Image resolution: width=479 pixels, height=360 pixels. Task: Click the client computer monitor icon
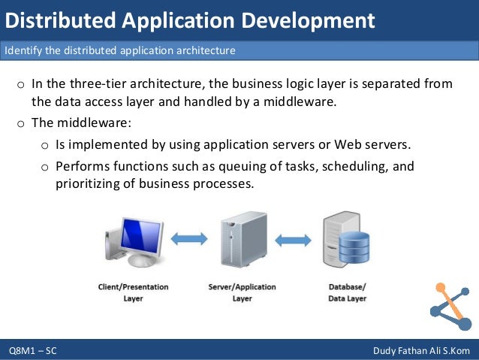tap(132, 240)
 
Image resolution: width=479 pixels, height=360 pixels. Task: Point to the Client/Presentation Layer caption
tap(133, 292)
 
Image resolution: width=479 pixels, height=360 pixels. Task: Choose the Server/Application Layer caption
tap(242, 292)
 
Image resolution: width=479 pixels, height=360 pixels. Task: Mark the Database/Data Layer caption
tap(348, 292)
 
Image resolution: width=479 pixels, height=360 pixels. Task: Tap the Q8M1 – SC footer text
tap(33, 351)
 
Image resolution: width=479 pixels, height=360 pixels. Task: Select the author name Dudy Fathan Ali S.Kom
tap(420, 351)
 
